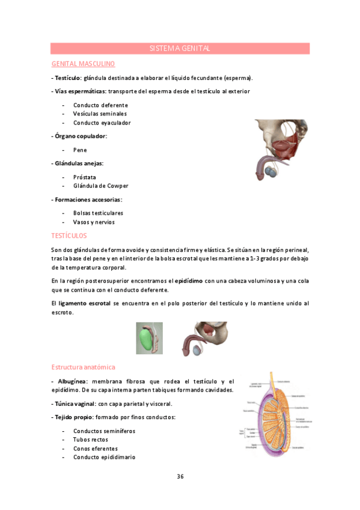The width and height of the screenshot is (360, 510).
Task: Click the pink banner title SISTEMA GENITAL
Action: point(180,48)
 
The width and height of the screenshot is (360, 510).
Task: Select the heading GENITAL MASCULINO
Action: point(83,63)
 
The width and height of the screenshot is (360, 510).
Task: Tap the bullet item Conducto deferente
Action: point(100,105)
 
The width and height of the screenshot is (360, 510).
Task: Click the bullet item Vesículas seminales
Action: point(100,114)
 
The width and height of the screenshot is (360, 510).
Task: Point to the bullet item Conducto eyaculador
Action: point(102,123)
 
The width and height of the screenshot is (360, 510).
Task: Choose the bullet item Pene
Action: point(80,150)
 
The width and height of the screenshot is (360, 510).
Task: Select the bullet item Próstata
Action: point(85,177)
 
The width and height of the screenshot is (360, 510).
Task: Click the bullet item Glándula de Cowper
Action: point(100,186)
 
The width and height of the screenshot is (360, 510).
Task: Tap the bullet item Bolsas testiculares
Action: point(98,213)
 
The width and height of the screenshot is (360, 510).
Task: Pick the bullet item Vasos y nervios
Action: point(94,222)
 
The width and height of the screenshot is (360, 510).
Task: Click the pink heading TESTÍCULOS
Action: point(69,236)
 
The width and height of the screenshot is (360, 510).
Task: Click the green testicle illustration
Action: point(149,338)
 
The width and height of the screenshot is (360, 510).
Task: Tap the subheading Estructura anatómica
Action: point(83,367)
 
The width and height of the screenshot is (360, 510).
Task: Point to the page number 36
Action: point(180,476)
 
